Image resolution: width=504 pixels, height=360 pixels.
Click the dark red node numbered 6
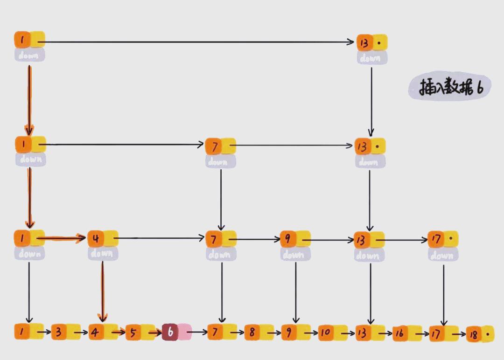(170, 332)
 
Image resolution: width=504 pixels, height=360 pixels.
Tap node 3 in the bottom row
(59, 332)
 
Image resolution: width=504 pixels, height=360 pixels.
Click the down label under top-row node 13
(372, 58)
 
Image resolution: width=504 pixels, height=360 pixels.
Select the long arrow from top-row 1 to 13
(196, 42)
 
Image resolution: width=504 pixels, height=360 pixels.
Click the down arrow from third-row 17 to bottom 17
(443, 294)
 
